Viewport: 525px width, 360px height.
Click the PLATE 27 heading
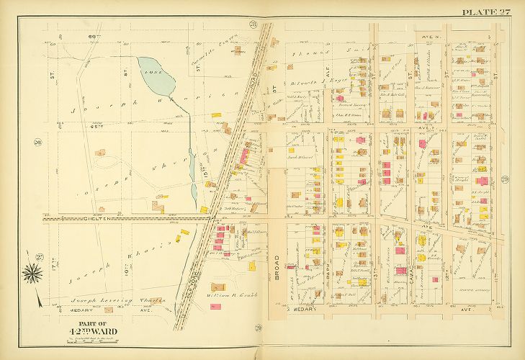pos(485,12)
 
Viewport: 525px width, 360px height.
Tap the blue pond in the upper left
pos(156,76)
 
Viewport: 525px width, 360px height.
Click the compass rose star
pos(33,273)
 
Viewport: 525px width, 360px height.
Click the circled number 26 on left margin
pos(36,142)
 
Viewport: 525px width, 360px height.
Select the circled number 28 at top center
pos(253,26)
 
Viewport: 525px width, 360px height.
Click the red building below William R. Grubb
pos(215,306)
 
